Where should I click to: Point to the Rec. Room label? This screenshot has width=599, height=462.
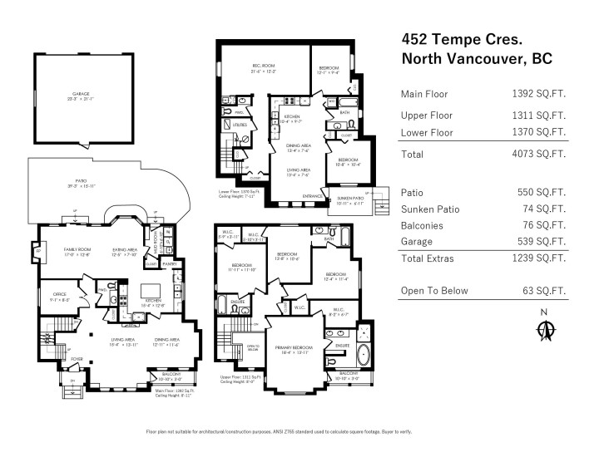(x=264, y=66)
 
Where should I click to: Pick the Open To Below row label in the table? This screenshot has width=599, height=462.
(x=434, y=291)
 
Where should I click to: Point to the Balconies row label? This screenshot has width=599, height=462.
(x=423, y=225)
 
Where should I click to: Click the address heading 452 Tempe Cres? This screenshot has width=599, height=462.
(x=457, y=38)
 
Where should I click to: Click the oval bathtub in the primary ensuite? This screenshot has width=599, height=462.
(x=364, y=356)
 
